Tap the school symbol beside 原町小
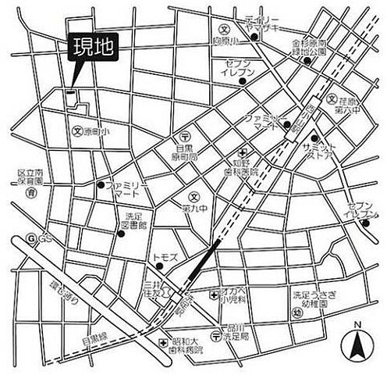pos(76,131)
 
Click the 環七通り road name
pos(64,295)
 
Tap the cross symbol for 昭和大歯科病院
pos(163,342)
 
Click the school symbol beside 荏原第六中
pos(332,100)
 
